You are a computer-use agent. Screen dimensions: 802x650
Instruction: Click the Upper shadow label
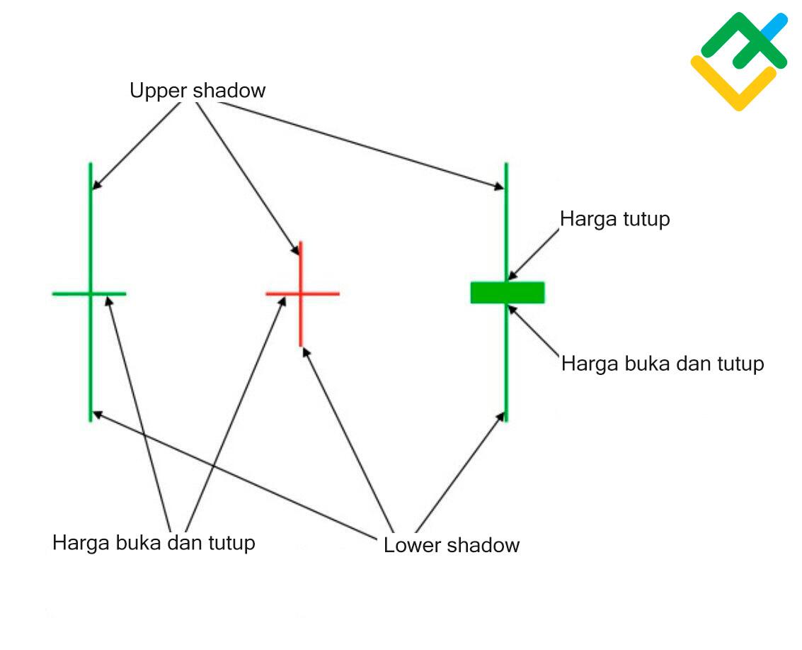197,91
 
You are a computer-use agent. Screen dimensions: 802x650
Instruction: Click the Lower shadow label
452,545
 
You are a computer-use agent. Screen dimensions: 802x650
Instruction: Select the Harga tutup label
615,219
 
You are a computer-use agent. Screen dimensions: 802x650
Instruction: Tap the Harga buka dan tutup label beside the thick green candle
663,364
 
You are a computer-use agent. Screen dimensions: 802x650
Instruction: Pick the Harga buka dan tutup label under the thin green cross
154,543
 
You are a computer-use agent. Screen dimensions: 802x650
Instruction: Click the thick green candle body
508,293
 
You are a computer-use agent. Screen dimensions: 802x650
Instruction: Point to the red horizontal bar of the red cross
302,293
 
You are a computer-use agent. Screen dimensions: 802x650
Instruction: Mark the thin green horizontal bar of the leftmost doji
89,293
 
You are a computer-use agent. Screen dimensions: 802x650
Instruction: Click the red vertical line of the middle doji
300,293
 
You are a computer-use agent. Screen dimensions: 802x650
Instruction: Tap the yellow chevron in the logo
733,85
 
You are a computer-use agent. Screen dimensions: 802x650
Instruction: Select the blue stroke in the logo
774,27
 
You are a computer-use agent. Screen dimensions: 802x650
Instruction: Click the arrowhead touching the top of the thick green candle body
512,276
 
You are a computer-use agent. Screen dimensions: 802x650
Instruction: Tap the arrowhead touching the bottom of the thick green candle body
512,310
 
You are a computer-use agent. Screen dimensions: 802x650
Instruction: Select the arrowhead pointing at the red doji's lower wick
307,352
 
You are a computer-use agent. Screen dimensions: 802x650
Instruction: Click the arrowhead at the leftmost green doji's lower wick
98,415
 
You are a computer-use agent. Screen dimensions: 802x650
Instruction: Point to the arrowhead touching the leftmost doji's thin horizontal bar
108,301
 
